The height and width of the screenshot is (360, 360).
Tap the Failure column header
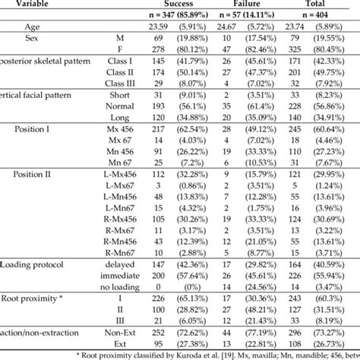245,4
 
